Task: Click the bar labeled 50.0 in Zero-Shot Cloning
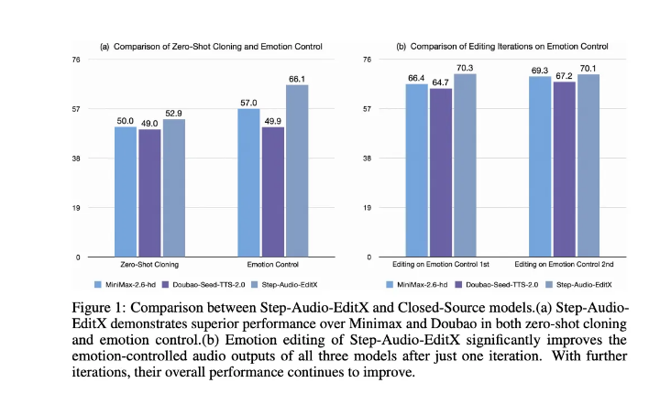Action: pos(126,192)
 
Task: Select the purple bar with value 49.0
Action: pos(149,193)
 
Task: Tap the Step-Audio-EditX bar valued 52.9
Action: pos(174,189)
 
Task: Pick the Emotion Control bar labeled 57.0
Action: pos(248,183)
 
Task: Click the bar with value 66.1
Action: pos(297,171)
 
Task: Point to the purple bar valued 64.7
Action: pos(442,173)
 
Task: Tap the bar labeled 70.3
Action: pos(467,166)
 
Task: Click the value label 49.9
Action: pos(273,119)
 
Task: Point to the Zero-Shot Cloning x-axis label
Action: pos(149,266)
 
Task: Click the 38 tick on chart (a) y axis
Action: pos(77,159)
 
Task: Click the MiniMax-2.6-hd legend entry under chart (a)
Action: pos(128,285)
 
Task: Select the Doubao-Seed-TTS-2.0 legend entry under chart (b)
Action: pos(491,285)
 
